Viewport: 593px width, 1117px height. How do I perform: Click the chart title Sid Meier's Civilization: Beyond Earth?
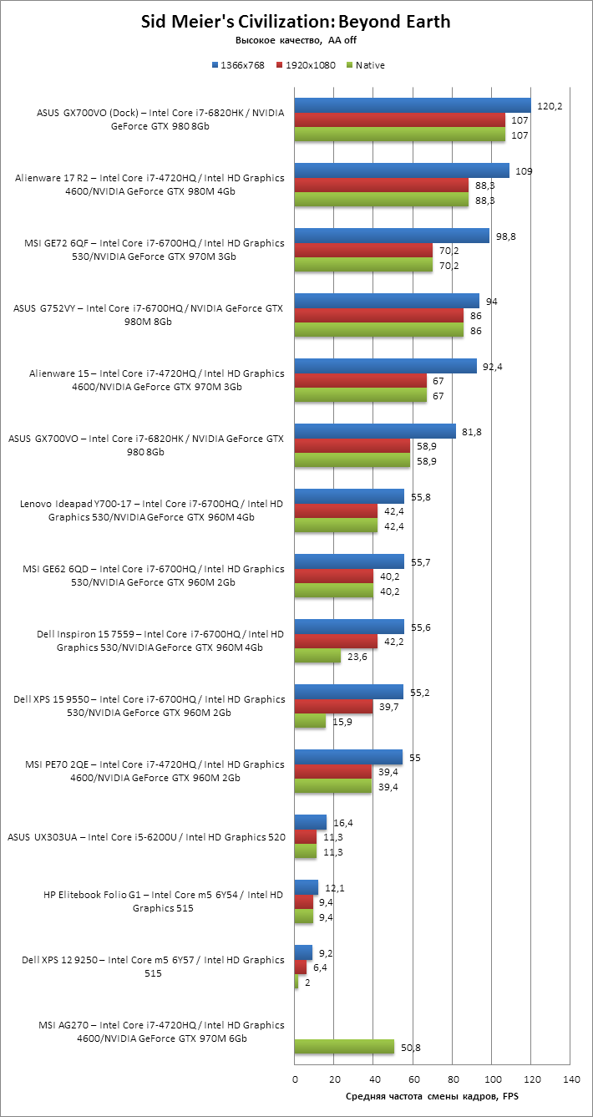point(296,22)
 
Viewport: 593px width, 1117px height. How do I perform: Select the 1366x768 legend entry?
point(238,65)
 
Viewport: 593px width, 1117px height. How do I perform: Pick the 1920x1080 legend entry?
point(306,65)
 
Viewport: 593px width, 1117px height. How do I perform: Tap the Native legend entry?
point(366,65)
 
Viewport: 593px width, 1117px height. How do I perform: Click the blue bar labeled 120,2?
point(413,106)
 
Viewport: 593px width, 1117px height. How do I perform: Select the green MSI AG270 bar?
point(344,1047)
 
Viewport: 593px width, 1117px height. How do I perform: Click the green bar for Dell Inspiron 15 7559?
point(317,656)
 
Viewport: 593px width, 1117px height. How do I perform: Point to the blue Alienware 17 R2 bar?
point(402,170)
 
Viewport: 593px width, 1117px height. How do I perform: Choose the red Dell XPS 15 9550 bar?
point(333,707)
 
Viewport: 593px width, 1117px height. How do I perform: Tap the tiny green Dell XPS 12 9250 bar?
point(296,982)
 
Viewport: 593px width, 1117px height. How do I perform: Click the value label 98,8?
point(505,236)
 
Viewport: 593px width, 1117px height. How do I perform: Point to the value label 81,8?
point(471,432)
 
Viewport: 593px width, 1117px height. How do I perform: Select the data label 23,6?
point(357,657)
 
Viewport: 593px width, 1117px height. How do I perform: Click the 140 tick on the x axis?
point(571,1079)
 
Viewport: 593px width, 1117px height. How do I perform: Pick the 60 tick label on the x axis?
point(413,1079)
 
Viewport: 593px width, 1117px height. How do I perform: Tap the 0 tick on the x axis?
point(295,1079)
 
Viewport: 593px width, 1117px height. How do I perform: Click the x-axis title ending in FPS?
point(432,1095)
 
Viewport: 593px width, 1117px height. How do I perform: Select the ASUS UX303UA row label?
point(146,837)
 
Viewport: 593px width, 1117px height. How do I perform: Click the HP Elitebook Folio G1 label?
point(163,901)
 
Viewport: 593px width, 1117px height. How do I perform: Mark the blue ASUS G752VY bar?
point(387,302)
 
